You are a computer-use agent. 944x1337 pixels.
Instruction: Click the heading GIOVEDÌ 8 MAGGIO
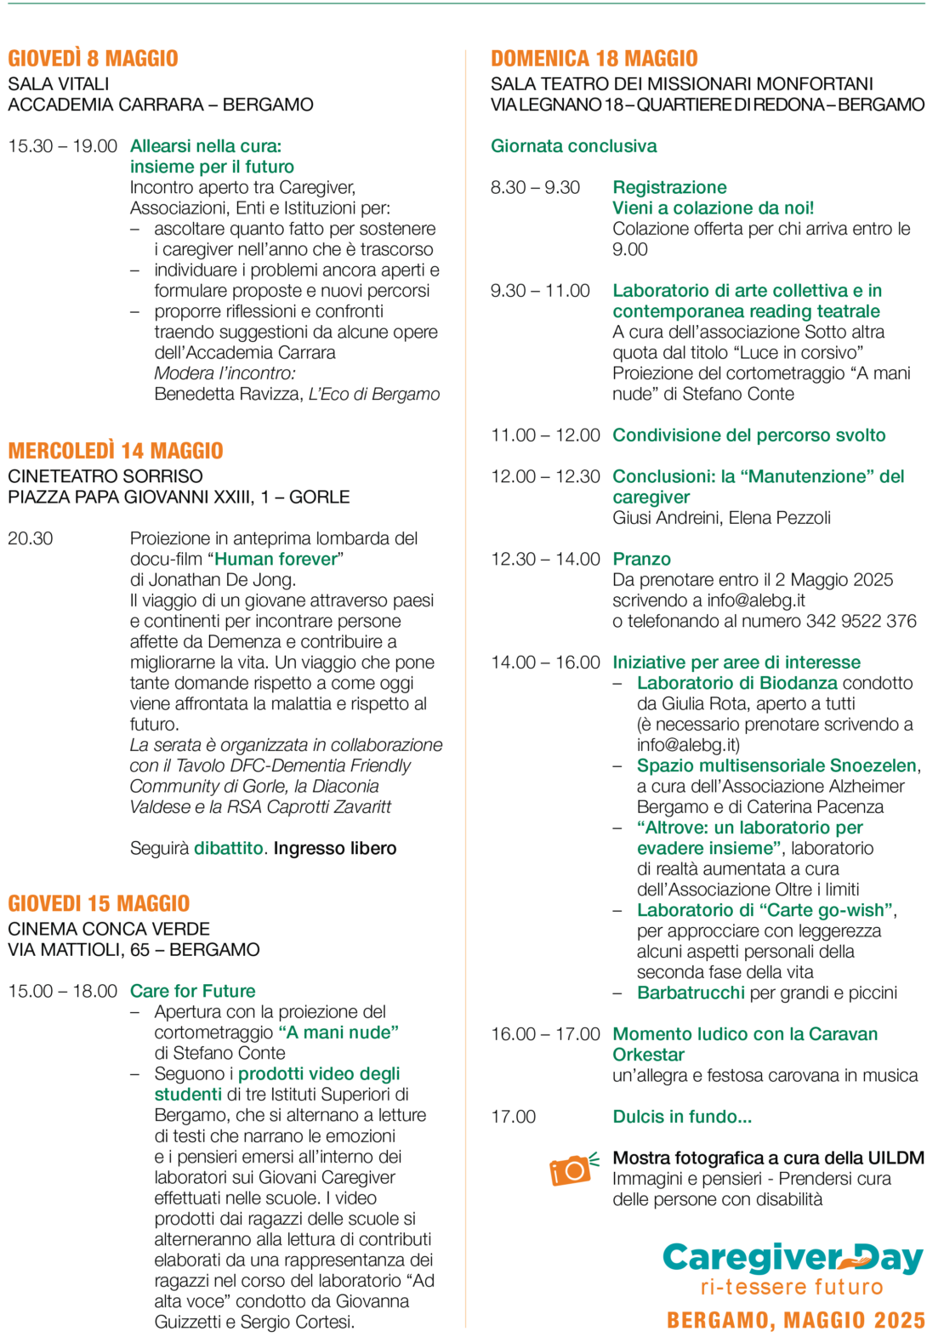(x=93, y=59)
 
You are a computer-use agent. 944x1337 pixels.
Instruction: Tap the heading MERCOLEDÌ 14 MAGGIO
(x=116, y=451)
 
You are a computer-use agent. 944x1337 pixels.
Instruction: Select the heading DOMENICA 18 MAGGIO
(x=594, y=59)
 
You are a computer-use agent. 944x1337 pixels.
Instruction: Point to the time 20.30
(x=31, y=538)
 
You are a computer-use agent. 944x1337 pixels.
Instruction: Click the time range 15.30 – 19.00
(x=62, y=146)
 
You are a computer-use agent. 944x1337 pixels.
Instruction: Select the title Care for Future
(x=192, y=991)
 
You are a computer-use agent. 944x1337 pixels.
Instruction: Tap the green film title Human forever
(x=276, y=559)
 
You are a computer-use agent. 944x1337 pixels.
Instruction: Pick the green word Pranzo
(x=641, y=559)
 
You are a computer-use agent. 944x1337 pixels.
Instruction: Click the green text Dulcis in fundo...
(x=681, y=1117)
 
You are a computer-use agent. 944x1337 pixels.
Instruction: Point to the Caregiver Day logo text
(x=792, y=1258)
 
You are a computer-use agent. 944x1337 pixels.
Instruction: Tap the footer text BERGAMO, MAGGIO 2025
(x=795, y=1320)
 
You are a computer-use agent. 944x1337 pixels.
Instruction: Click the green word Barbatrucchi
(x=691, y=993)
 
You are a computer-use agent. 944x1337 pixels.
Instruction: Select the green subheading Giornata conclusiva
(x=573, y=146)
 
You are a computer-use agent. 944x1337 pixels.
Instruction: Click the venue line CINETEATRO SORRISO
(x=105, y=476)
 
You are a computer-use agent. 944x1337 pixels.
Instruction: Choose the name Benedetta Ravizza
(x=227, y=394)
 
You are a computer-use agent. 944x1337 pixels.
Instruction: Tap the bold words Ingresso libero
(x=334, y=848)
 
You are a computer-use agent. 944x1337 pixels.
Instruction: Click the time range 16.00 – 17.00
(x=545, y=1034)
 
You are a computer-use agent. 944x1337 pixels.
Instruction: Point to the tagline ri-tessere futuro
(x=792, y=1287)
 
